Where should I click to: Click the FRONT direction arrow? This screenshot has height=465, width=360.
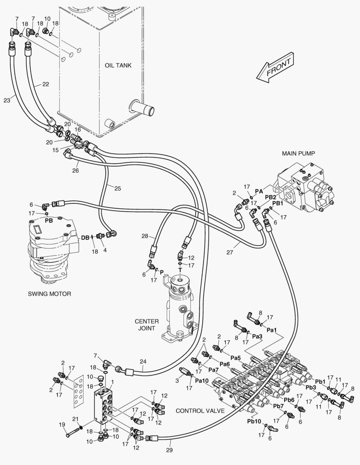[275, 68]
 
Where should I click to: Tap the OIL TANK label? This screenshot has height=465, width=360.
[118, 65]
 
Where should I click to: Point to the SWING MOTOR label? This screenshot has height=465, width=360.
[50, 294]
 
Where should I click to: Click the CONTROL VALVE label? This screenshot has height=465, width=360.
[200, 411]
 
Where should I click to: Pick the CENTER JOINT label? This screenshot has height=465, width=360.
[147, 325]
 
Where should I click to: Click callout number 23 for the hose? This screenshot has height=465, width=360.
[7, 100]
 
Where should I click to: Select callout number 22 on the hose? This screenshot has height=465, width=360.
[46, 84]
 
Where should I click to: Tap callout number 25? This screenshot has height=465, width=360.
[118, 188]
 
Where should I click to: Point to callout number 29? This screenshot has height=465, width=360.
[169, 450]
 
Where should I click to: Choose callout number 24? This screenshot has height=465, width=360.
[143, 361]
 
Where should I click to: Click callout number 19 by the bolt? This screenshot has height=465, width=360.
[62, 425]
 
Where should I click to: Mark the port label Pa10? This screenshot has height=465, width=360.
[202, 381]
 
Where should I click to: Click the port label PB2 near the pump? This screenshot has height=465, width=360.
[270, 197]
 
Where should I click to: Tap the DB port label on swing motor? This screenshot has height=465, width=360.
[85, 237]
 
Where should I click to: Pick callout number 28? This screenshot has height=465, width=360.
[145, 236]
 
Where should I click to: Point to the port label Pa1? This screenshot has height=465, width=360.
[271, 329]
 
